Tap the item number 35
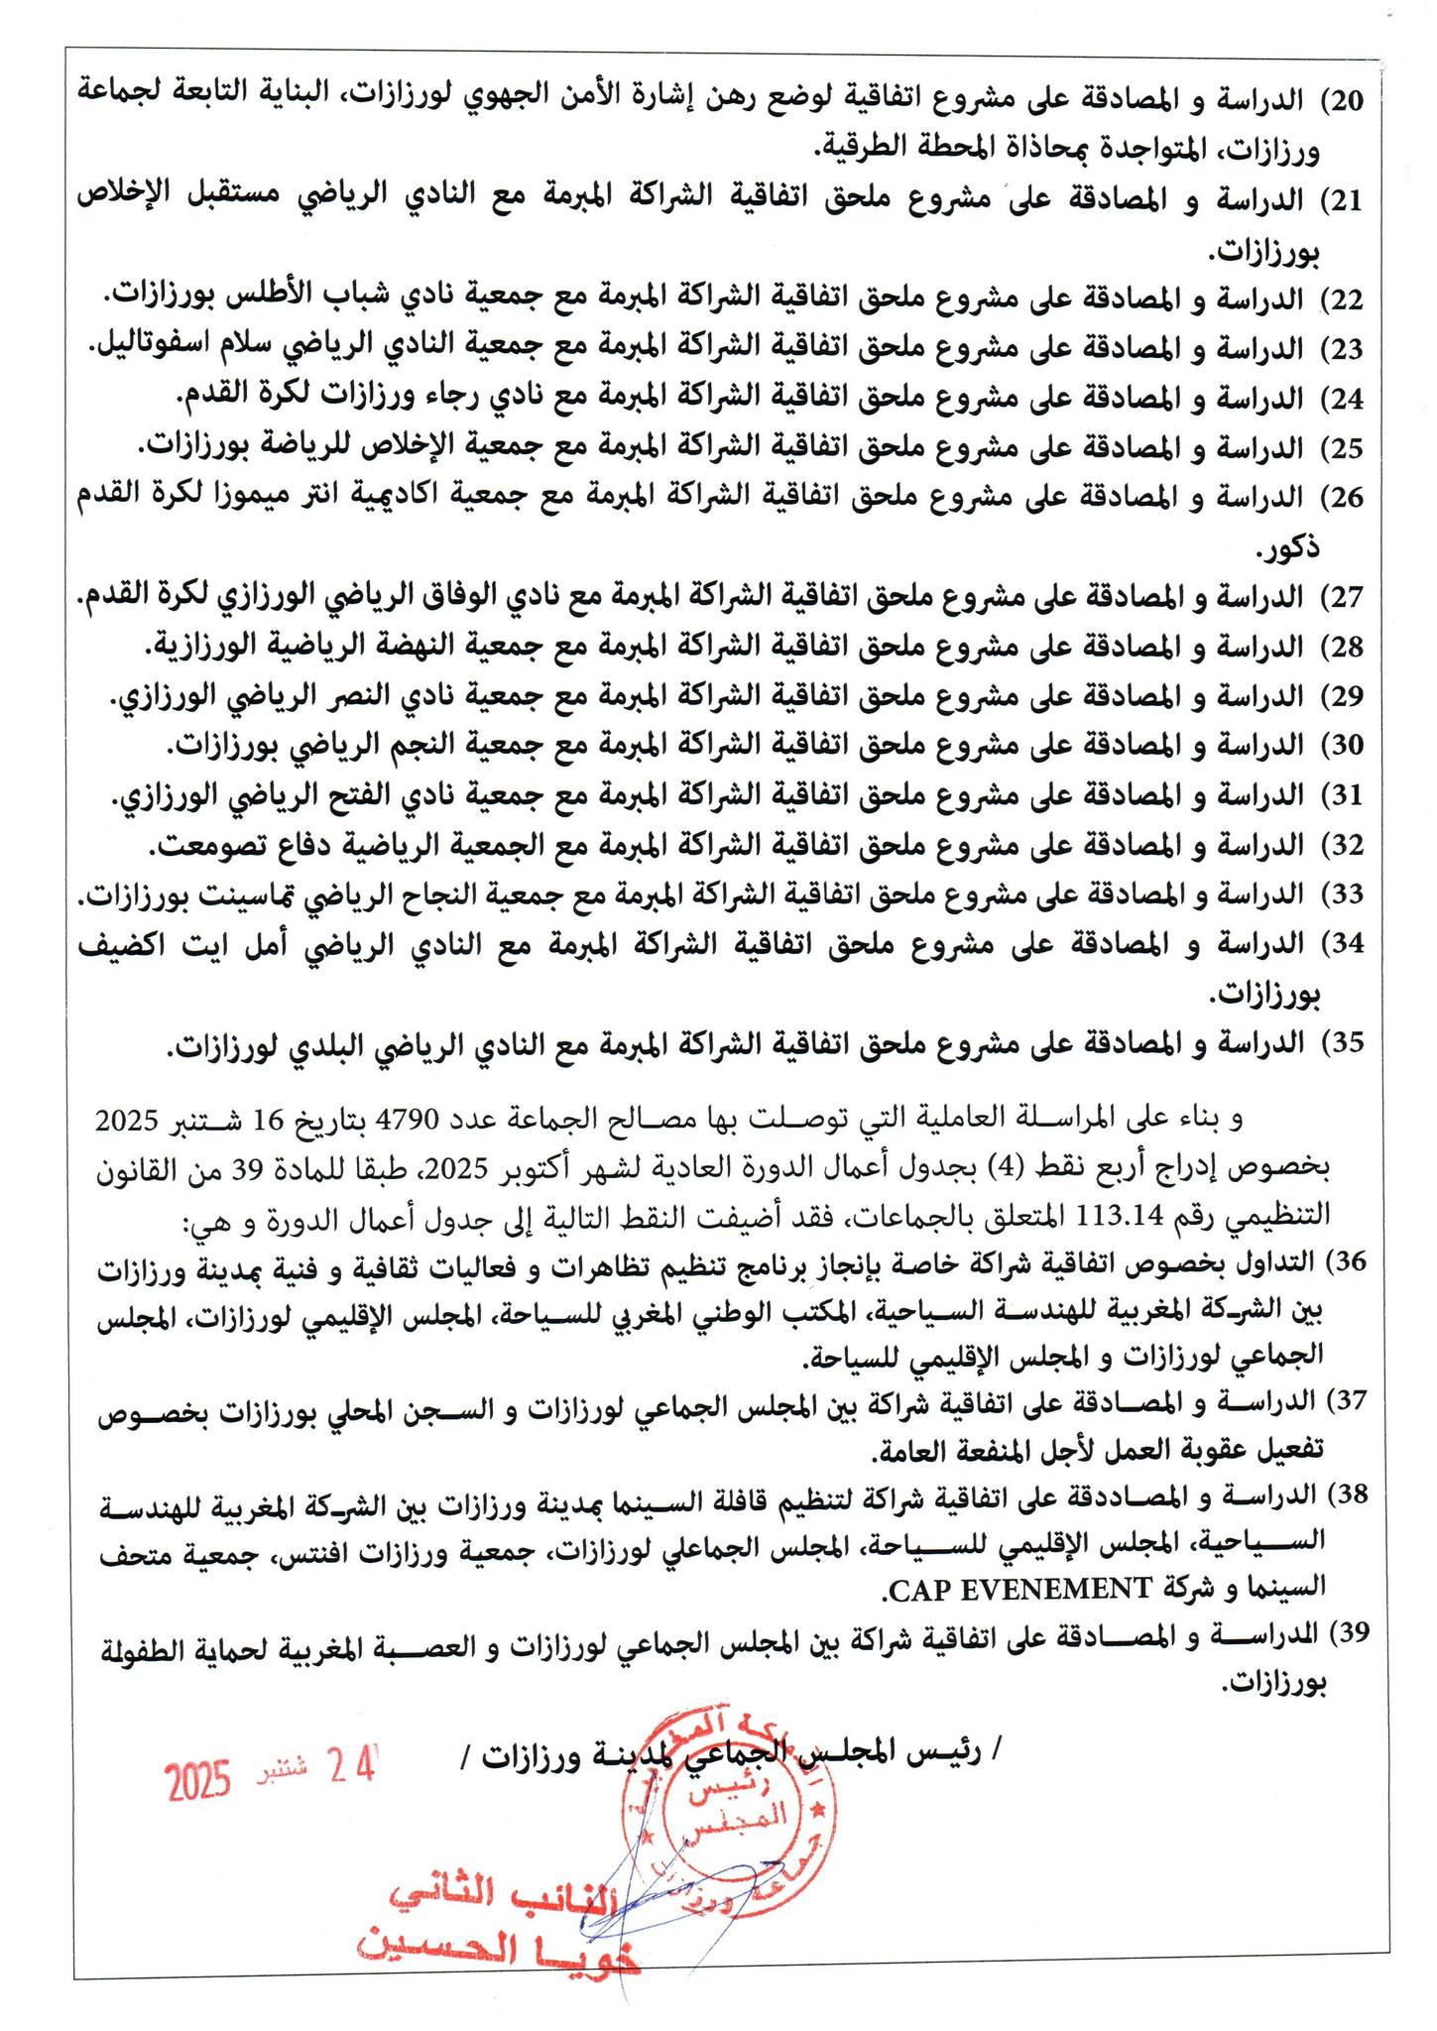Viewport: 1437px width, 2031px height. point(1348,1043)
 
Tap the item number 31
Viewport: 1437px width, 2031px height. point(1348,795)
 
